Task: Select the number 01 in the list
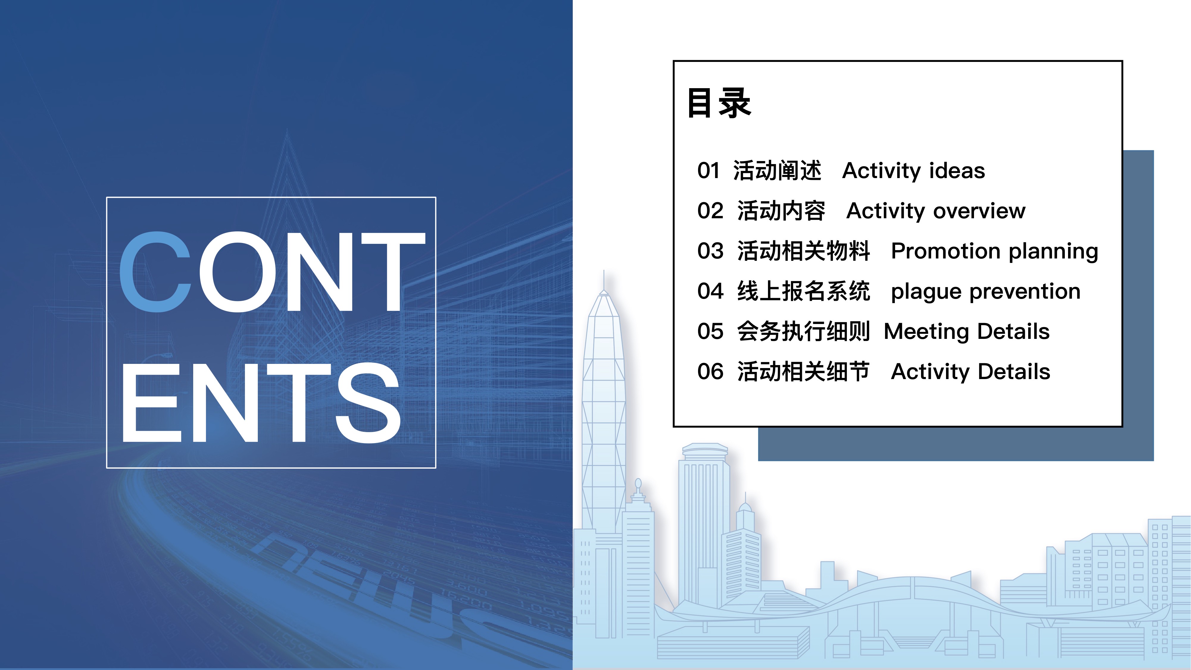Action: pyautogui.click(x=708, y=171)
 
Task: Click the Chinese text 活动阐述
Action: pyautogui.click(x=777, y=171)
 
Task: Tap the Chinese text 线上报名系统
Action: pyautogui.click(x=803, y=291)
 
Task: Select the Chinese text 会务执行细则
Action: pyautogui.click(x=803, y=331)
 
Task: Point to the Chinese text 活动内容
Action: pyautogui.click(x=781, y=211)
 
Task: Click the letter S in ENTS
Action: pyautogui.click(x=368, y=402)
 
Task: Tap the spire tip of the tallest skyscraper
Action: pyautogui.click(x=604, y=270)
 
